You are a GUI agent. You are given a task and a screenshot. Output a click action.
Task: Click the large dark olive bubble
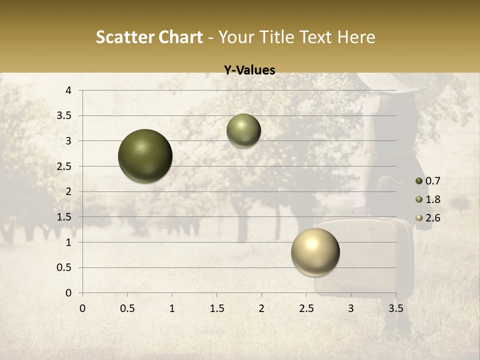145,156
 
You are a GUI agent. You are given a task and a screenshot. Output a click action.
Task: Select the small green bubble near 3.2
243,130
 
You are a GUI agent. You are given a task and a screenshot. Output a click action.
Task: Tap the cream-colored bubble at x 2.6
315,252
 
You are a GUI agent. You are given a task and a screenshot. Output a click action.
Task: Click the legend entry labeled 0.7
428,181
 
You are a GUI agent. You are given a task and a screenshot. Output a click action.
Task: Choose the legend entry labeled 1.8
428,199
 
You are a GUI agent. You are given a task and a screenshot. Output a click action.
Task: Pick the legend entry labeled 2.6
428,218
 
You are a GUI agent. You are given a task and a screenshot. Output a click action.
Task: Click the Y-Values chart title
249,70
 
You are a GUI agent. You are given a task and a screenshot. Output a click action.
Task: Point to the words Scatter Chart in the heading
149,37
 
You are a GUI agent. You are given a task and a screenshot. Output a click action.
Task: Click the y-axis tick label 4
68,90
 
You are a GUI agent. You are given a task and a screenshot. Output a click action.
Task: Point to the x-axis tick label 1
172,308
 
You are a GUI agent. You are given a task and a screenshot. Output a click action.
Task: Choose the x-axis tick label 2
261,308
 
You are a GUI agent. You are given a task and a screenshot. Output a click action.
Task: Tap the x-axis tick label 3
351,308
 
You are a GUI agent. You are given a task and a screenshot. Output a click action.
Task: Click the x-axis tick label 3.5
395,308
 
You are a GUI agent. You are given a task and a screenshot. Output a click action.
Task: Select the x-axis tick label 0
82,308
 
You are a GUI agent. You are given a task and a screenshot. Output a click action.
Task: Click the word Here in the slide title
356,37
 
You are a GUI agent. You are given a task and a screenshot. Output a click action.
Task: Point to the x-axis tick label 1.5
216,308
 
